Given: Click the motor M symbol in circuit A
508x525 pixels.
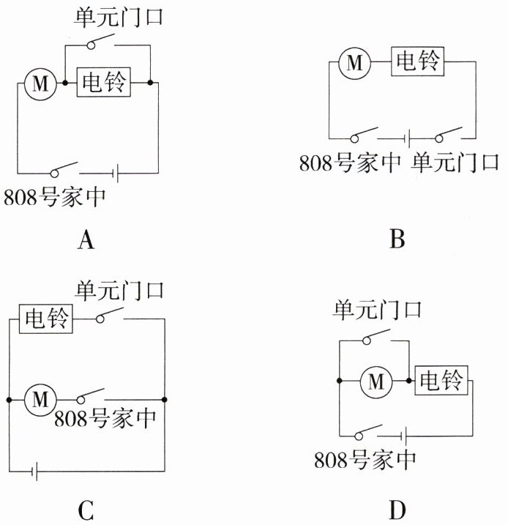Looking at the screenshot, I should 37,84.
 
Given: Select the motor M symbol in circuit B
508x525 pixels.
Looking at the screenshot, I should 355,63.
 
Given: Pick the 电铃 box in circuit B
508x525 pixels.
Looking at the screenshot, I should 417,62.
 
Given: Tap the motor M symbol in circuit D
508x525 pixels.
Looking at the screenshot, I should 376,381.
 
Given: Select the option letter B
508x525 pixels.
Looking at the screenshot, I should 397,239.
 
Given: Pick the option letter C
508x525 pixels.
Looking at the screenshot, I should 86,510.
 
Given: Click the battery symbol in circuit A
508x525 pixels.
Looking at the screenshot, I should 116,174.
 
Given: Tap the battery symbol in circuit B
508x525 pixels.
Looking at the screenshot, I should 407,137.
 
